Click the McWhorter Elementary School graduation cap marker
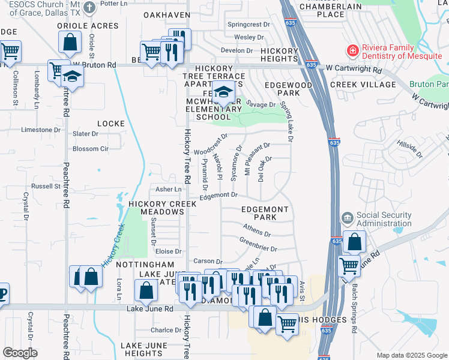click(223, 94)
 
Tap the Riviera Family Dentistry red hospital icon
click(352, 50)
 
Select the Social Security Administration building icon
click(348, 217)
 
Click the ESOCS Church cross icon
click(89, 8)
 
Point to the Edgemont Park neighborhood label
click(265, 212)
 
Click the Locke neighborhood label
click(111, 124)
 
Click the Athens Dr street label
click(257, 231)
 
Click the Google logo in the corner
click(20, 352)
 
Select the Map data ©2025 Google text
click(411, 355)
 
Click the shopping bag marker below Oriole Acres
click(70, 43)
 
